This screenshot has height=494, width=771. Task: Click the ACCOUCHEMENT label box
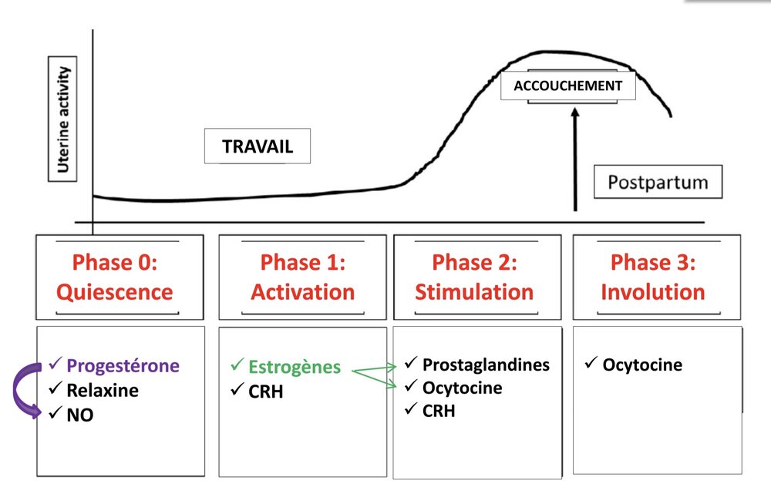[568, 86]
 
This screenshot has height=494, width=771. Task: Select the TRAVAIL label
[258, 146]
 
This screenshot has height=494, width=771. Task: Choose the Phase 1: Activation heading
[303, 277]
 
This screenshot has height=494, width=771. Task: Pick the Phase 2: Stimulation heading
[474, 277]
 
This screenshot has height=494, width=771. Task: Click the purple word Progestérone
[123, 365]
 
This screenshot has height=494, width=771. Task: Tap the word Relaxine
[103, 390]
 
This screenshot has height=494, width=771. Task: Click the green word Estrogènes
[294, 367]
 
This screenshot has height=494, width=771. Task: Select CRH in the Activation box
[266, 392]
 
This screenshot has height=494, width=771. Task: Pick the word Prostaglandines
[486, 364]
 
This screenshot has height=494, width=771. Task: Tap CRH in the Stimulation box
[439, 411]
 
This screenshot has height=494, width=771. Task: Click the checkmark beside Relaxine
[54, 389]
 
